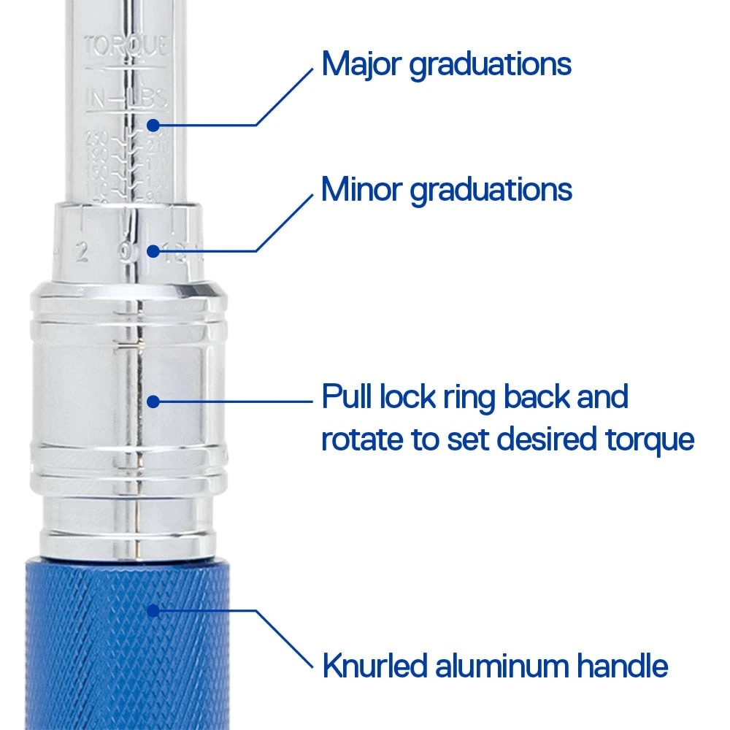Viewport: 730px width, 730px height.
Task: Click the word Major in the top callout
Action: [x=361, y=64]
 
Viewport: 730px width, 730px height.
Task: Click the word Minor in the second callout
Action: [x=361, y=190]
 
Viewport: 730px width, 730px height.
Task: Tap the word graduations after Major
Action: [x=490, y=66]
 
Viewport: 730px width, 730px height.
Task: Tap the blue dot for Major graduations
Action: [x=153, y=125]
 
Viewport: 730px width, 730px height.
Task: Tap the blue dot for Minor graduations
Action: [x=153, y=251]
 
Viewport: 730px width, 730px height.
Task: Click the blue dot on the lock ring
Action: [x=153, y=401]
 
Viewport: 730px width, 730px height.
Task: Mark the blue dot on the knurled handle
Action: [x=153, y=610]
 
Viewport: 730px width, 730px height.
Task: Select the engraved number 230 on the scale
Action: [x=96, y=137]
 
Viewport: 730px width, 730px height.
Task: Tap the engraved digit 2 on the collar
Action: [x=82, y=253]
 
